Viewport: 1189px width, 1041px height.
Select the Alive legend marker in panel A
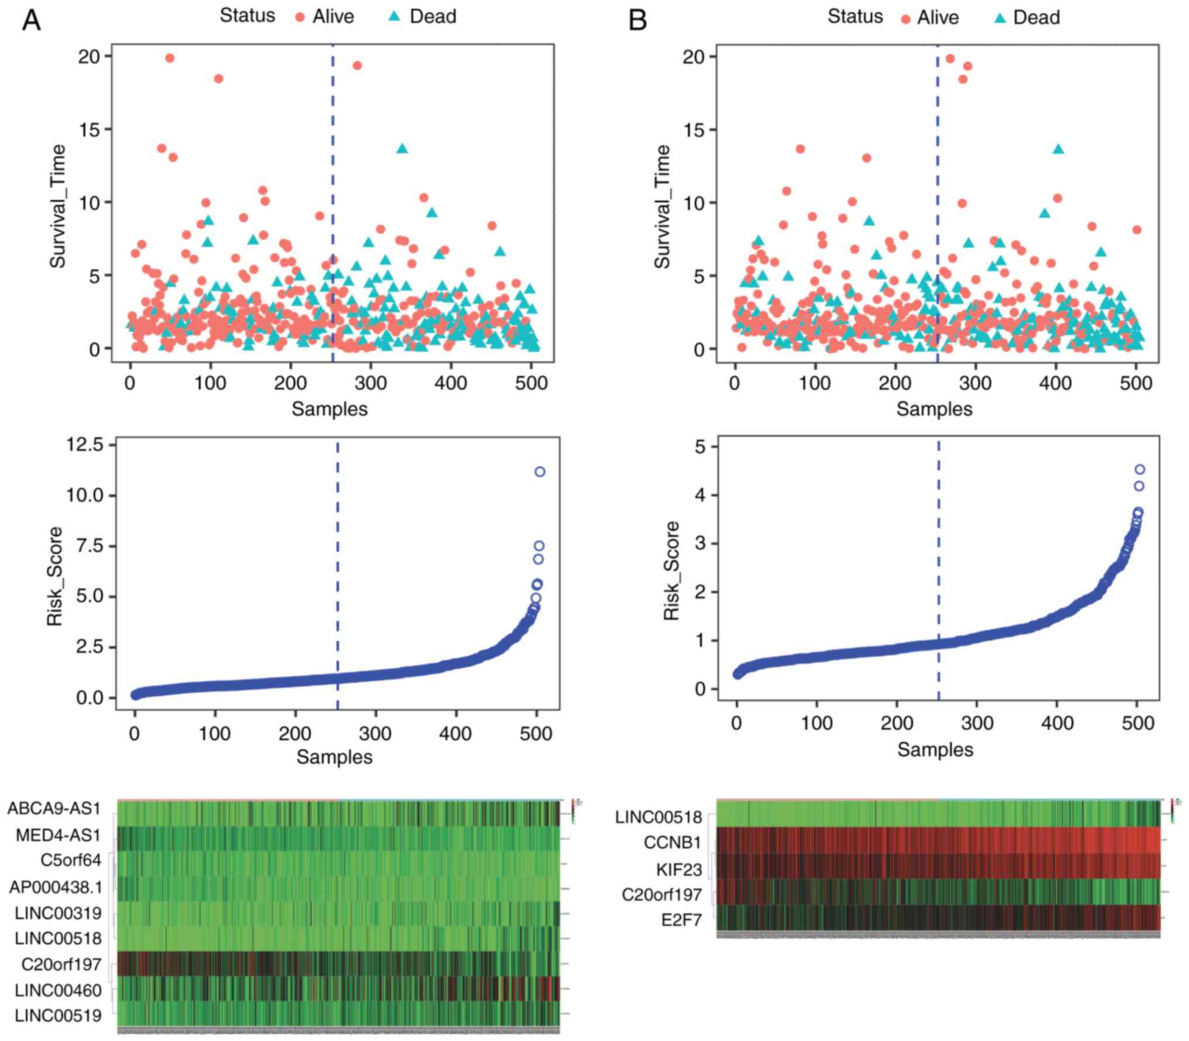pos(301,18)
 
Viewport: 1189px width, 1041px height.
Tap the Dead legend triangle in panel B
pos(1001,18)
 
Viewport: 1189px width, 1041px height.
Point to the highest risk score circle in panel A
pos(539,471)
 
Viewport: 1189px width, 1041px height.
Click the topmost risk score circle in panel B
pos(1139,469)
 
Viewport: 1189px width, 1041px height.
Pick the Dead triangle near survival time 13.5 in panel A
pos(402,149)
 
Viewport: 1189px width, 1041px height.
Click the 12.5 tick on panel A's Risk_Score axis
pos(88,445)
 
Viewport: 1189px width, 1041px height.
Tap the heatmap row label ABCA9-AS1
pos(54,809)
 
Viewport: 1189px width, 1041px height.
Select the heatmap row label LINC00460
pos(58,990)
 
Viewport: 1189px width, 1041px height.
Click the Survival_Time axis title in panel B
pos(662,207)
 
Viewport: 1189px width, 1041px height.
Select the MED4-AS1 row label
pos(59,835)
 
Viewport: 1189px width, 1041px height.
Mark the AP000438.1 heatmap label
pos(56,887)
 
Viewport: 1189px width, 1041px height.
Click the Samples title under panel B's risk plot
pos(934,749)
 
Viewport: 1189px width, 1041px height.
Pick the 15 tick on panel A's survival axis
pos(90,129)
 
